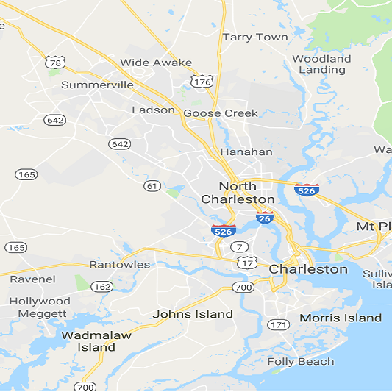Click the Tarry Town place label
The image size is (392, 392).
(x=255, y=37)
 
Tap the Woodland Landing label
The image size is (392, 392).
(x=321, y=64)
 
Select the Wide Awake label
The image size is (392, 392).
(x=156, y=63)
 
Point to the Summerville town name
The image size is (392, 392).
(x=97, y=85)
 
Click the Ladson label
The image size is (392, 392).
(x=153, y=110)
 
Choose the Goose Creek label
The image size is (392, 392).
(x=221, y=113)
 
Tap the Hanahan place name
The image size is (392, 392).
(x=246, y=152)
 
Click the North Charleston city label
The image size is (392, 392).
(x=238, y=193)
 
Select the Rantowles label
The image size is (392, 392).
(x=119, y=265)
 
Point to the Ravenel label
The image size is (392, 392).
(x=32, y=279)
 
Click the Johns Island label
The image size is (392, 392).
(x=192, y=314)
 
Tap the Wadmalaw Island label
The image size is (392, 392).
(x=96, y=341)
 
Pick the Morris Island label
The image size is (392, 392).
(x=341, y=318)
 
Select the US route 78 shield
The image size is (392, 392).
(x=53, y=60)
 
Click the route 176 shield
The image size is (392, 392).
(x=202, y=82)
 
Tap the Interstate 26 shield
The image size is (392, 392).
(x=266, y=218)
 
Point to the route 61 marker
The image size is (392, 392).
(x=152, y=186)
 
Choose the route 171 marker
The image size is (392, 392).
(x=278, y=324)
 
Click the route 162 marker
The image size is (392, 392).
(x=102, y=286)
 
